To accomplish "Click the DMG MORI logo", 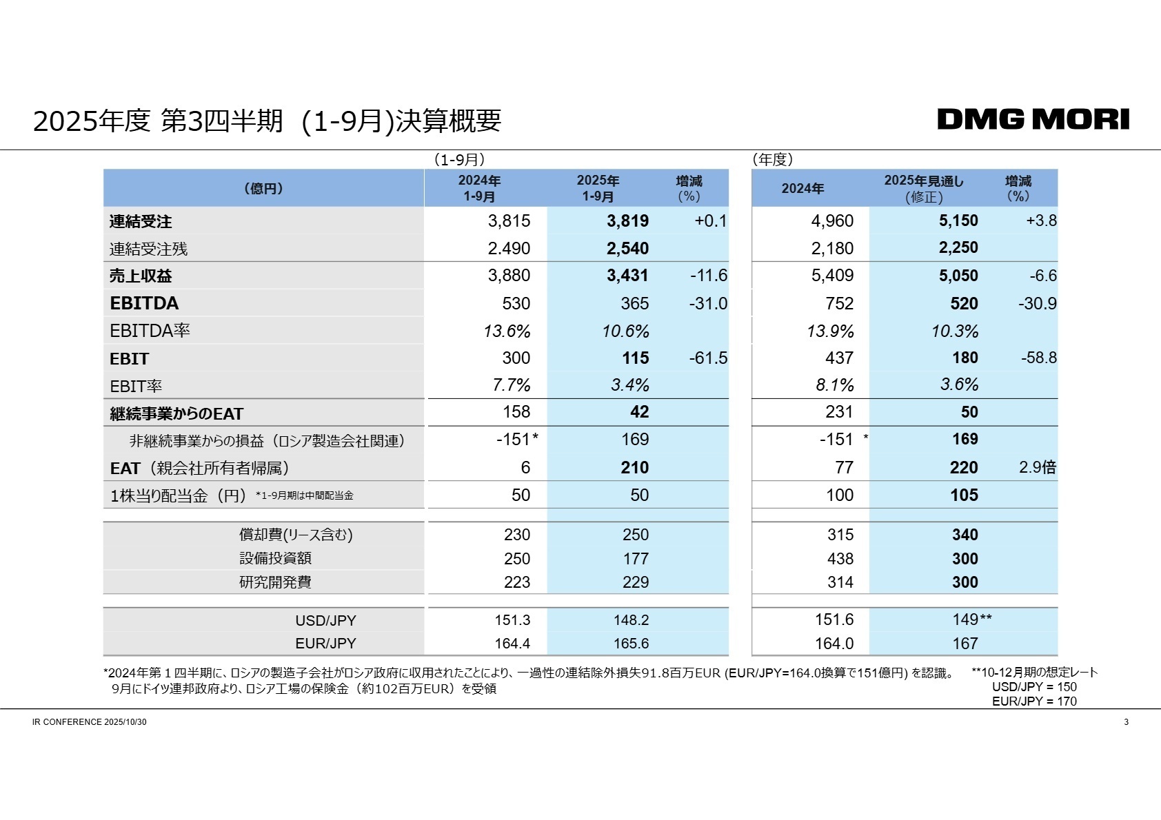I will pos(1033,119).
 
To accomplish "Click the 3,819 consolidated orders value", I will pos(627,221).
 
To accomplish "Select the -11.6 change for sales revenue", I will pos(708,276).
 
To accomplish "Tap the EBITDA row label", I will pos(144,303).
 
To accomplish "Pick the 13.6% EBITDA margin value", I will pos(507,331).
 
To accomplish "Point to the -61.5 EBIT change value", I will pos(708,358).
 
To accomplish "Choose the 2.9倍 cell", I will pos(1037,467).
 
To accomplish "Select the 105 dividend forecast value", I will pos(964,495).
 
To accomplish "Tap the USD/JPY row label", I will pos(325,620).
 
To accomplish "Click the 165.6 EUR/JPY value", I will pos(631,644).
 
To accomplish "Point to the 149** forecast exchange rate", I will pos(971,619).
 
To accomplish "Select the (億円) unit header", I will pos(263,188).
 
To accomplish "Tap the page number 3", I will pos(1126,722).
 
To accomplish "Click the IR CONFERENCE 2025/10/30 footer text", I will pos(89,722).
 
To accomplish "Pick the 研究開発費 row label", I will pos(275,582).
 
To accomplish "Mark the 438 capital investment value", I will pos(840,559).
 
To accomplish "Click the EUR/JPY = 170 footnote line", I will pos(1033,701).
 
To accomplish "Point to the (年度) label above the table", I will pos(772,160).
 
